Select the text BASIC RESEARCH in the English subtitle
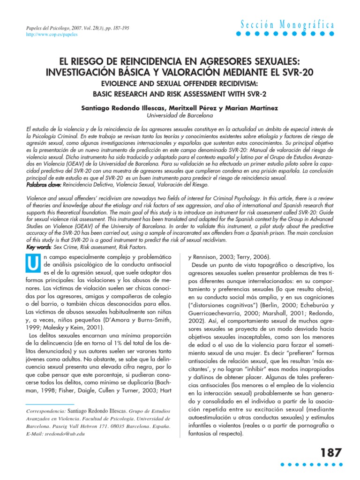tap(128, 94)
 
